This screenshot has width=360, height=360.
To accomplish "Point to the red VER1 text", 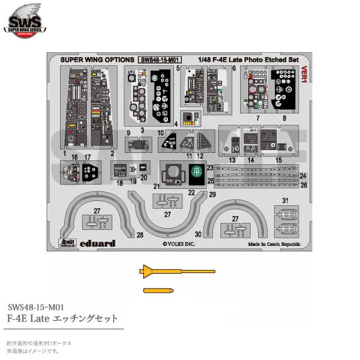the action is (x=305, y=74).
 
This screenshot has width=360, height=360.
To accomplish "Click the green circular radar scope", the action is (x=194, y=172).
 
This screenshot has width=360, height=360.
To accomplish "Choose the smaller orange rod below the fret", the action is (x=160, y=291).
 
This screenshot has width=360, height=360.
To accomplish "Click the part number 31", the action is (x=286, y=200).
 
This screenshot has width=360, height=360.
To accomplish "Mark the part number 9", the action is (x=128, y=132).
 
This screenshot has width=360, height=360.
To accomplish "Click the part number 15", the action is (x=278, y=161).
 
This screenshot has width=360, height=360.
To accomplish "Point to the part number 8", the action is (x=283, y=119).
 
